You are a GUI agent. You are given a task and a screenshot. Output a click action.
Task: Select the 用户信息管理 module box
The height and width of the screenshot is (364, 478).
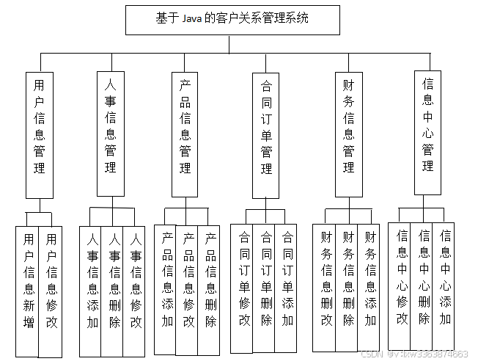[x=40, y=134]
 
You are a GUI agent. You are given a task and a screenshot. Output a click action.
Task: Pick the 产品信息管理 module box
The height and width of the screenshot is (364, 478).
[x=185, y=134]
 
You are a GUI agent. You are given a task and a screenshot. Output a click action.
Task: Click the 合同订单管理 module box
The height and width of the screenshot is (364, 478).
[x=266, y=134]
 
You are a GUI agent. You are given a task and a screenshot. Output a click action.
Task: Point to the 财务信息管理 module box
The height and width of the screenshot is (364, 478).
[x=348, y=134]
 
